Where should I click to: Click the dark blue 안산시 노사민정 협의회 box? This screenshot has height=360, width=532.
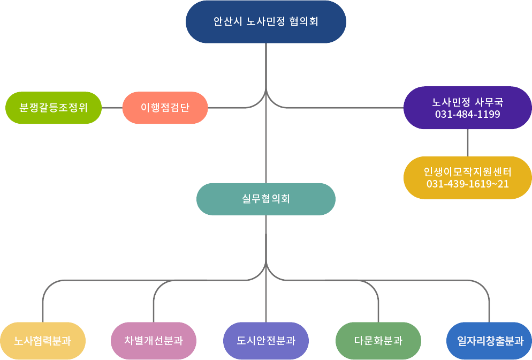(x=266, y=22)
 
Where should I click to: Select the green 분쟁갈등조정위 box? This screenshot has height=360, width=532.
(x=54, y=108)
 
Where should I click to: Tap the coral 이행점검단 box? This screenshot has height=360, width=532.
(x=165, y=108)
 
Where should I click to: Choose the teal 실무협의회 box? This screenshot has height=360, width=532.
(x=266, y=199)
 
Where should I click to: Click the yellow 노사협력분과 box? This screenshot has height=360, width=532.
(x=43, y=341)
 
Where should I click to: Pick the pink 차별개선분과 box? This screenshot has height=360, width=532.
(x=154, y=341)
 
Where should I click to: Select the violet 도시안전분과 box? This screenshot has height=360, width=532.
(x=266, y=341)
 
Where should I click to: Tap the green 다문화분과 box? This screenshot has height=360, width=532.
(x=378, y=341)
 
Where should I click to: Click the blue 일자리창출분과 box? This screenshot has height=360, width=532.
(x=490, y=341)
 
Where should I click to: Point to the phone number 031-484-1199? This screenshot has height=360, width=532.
(x=468, y=114)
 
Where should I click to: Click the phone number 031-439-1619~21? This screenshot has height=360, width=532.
(x=468, y=184)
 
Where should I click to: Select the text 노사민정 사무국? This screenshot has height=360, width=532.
(x=468, y=102)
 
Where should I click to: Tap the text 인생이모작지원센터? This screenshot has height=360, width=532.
(x=468, y=172)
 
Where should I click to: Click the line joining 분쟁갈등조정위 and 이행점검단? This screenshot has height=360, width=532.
(x=112, y=108)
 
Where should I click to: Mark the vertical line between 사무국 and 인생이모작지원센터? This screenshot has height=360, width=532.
(x=468, y=142)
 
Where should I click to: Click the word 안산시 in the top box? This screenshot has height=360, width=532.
(x=227, y=22)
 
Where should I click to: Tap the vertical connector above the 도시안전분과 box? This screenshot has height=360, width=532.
(x=266, y=300)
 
